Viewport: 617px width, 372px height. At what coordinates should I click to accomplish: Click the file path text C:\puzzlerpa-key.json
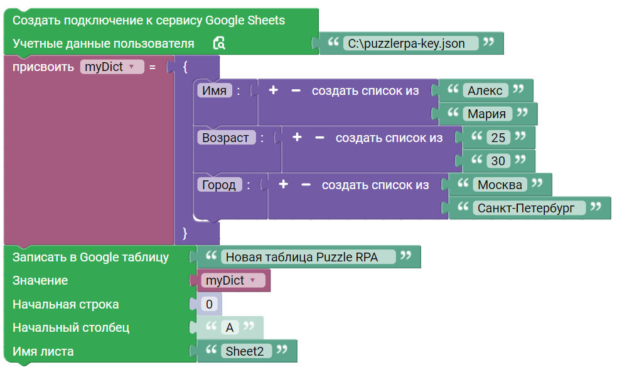coord(407,43)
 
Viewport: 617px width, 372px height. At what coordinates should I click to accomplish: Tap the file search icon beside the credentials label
coord(219,43)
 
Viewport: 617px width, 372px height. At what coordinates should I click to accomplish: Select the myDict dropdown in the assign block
coord(112,67)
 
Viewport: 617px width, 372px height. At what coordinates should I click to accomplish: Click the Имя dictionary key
coord(215,90)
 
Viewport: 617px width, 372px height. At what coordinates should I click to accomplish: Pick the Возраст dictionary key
coord(226,138)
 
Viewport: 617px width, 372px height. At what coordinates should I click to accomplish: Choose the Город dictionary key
coord(219,185)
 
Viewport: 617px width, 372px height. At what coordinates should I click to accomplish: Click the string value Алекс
coord(485,90)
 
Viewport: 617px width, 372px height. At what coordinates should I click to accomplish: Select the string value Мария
coord(487,114)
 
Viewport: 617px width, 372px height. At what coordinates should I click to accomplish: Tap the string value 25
coord(498,138)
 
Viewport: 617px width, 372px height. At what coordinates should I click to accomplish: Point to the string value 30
coord(498,161)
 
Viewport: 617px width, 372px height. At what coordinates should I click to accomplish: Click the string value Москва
coord(500,185)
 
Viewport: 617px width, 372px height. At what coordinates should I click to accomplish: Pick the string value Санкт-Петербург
coord(526,208)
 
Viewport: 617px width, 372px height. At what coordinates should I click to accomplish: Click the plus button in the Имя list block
coord(274,90)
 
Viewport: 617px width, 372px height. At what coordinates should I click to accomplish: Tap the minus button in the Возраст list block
coord(319,138)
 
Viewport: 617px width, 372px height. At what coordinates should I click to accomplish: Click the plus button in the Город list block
coord(283,184)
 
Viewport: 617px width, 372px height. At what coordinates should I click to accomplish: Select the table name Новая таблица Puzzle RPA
coord(302,257)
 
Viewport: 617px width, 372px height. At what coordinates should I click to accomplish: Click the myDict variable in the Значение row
coord(230,281)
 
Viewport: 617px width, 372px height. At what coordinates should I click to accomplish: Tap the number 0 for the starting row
coord(210,304)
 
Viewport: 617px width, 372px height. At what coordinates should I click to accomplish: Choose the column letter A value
coord(230,327)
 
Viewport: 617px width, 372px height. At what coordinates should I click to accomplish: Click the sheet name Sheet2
coord(245,351)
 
